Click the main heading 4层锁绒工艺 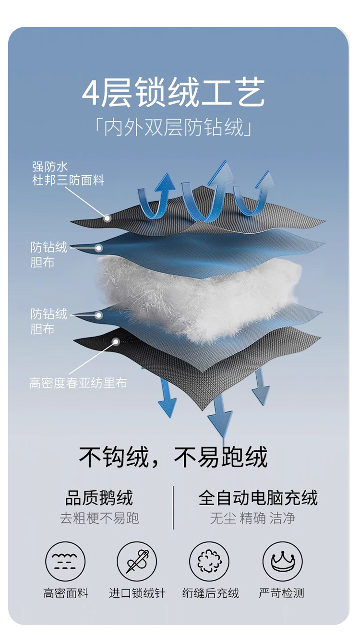173,94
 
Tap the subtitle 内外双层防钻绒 173,128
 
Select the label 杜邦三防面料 68,181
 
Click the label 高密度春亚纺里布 78,383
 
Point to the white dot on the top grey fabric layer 108,218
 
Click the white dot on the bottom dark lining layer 116,342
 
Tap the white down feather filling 192,293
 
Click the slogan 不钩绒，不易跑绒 173,457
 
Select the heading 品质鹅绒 99,498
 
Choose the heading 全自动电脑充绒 258,498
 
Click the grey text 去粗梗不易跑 99,518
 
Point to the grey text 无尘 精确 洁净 253,518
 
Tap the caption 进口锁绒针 137,593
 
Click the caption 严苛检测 282,593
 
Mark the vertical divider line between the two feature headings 173,507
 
